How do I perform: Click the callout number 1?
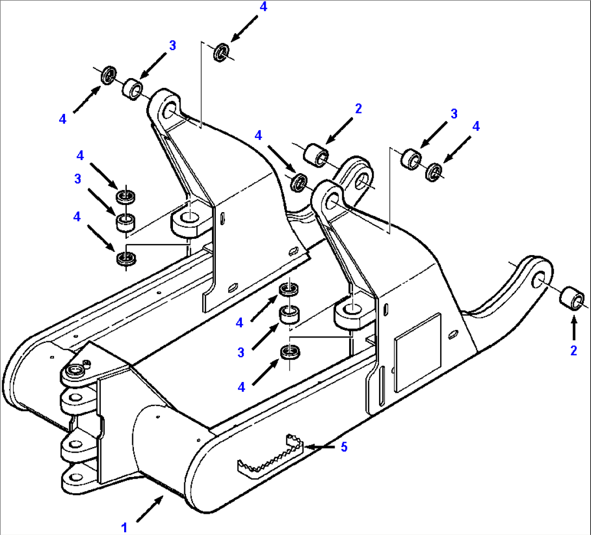click(x=124, y=527)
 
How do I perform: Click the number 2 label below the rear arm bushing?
click(x=573, y=351)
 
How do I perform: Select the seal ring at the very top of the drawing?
click(x=221, y=53)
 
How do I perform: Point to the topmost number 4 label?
click(x=263, y=7)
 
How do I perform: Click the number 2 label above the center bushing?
click(x=358, y=109)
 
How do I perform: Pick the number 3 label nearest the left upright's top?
click(x=172, y=46)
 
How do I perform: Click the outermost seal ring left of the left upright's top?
click(x=109, y=75)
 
